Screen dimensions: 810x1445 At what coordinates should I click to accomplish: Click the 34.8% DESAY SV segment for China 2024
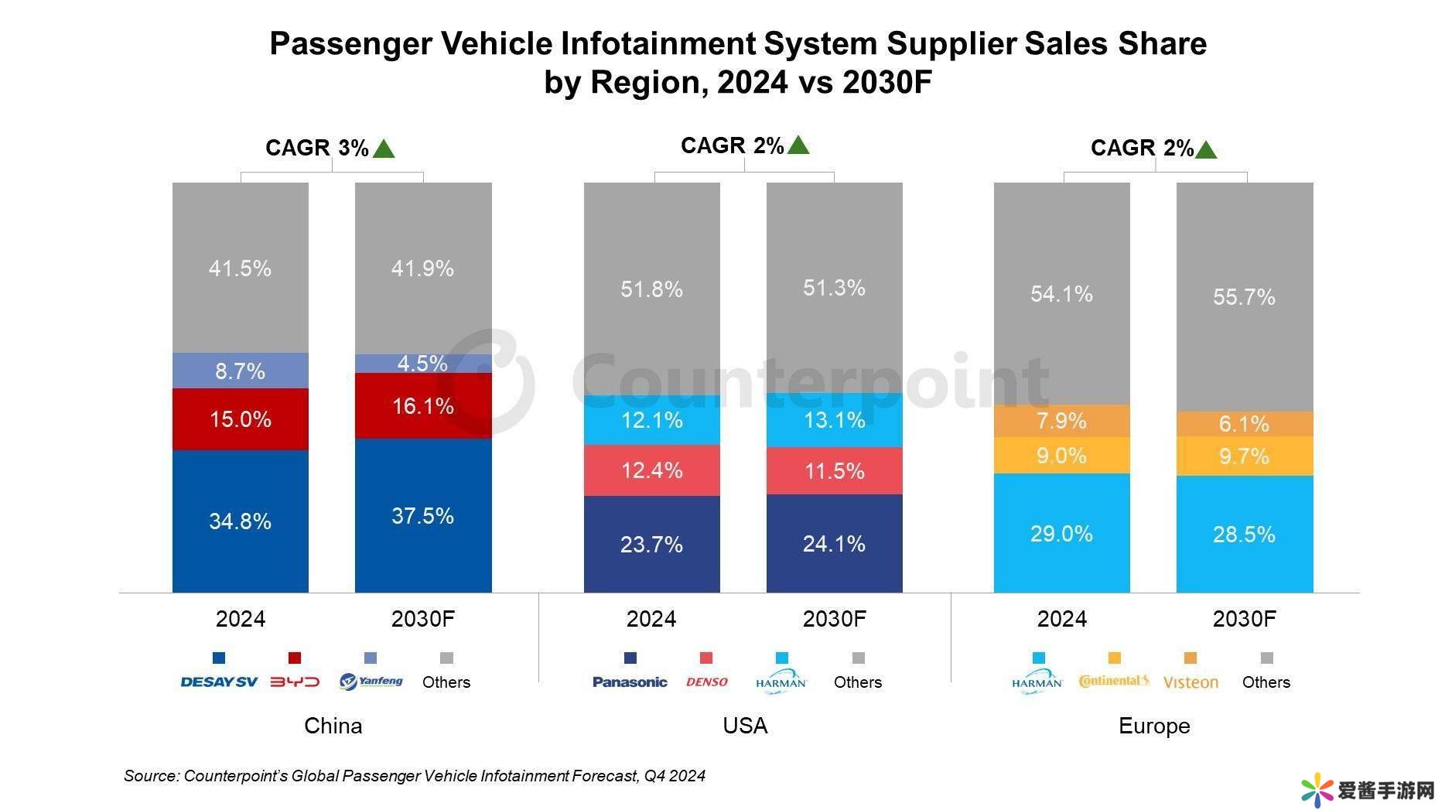coord(240,521)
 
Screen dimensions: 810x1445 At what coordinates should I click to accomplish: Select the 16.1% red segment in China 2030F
coord(423,406)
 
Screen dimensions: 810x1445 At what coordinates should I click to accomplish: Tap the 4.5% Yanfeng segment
coord(423,364)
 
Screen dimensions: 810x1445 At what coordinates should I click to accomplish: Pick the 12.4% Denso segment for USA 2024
coord(651,470)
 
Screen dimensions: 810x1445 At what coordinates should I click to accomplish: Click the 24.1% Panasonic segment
coord(834,543)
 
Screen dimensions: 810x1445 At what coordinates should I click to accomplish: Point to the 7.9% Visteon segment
coord(1061,421)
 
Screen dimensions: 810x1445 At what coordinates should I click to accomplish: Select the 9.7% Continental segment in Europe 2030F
coord(1244,456)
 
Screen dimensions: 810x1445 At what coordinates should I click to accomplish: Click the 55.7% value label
coord(1244,297)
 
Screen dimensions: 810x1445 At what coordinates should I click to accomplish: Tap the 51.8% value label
coord(651,289)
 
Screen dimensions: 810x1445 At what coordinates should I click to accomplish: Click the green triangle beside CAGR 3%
coord(384,149)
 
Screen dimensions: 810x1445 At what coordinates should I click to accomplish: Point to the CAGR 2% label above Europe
coord(1142,148)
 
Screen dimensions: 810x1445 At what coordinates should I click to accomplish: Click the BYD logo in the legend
coord(295,682)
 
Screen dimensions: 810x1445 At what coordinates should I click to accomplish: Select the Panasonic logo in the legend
coord(630,682)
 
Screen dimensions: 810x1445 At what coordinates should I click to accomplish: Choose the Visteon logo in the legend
coord(1191,682)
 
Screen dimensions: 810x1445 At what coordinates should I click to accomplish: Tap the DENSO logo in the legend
coord(706,682)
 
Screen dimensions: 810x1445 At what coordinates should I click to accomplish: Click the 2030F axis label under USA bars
coord(834,619)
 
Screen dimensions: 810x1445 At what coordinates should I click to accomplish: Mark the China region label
coord(333,726)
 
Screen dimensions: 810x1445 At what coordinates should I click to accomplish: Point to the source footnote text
coord(414,775)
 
